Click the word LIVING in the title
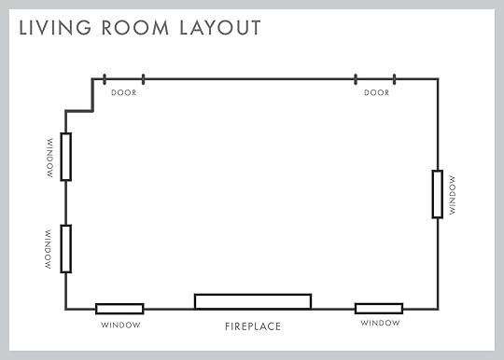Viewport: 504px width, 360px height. (x=55, y=28)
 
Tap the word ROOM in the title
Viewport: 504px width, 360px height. (x=135, y=28)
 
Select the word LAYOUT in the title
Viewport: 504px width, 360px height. (x=220, y=28)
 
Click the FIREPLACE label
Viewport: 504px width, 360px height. (x=253, y=326)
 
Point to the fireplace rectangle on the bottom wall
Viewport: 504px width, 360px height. (x=253, y=294)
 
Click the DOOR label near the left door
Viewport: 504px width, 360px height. (x=124, y=93)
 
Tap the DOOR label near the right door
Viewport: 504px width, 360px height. (x=377, y=93)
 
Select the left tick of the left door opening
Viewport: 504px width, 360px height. (x=105, y=79)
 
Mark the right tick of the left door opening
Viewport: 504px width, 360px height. (x=144, y=79)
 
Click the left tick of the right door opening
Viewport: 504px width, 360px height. (x=356, y=79)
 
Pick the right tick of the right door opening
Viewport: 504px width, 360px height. (x=395, y=79)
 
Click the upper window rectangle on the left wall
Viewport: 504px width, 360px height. (x=61, y=157)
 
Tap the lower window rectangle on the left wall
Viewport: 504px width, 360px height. (x=61, y=249)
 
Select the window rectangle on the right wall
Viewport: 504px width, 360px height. (x=433, y=194)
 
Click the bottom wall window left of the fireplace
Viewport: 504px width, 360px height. (x=119, y=304)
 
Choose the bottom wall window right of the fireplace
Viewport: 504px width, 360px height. (x=379, y=304)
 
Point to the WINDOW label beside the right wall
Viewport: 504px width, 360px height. (x=453, y=195)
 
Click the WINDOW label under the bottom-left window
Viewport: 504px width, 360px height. (x=120, y=325)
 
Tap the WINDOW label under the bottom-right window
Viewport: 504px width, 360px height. (x=380, y=323)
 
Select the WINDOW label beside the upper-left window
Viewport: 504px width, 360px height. (x=49, y=158)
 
